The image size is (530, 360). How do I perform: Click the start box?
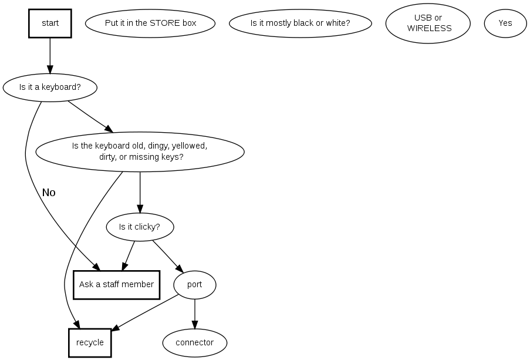coord(50,23)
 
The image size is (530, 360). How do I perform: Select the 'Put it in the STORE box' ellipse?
coord(150,23)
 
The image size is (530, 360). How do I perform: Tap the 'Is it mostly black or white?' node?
coord(300,23)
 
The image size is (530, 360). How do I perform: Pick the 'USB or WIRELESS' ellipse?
coord(428,23)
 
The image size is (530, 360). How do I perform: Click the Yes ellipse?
coord(505,23)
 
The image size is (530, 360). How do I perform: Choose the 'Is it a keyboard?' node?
coord(50,88)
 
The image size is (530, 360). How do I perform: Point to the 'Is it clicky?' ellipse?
coord(140,227)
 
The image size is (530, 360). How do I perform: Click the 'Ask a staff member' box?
coord(116,285)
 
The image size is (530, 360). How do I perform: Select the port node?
coord(195,285)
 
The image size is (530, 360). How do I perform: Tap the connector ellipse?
coord(195,342)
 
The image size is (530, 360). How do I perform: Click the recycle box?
coord(90,342)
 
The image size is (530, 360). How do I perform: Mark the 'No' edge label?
coord(49,193)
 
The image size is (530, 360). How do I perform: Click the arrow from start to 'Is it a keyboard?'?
coord(50,55)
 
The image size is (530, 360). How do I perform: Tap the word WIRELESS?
coord(429,28)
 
